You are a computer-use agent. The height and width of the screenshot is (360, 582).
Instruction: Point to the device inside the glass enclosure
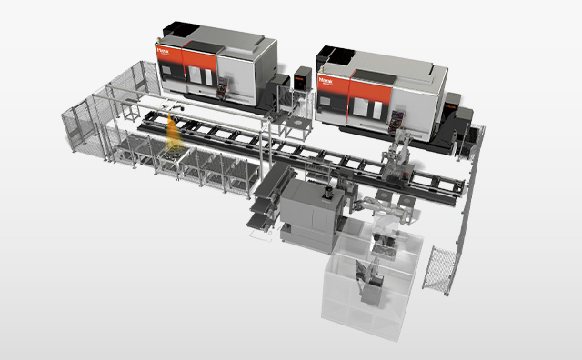click(x=371, y=283)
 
